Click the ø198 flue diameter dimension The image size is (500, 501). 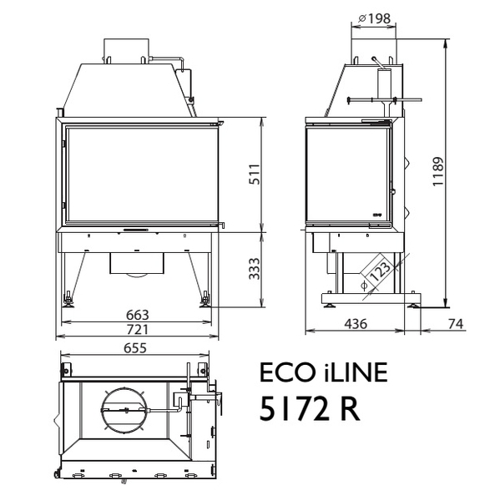coord(374,18)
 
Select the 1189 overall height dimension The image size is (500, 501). coord(437,171)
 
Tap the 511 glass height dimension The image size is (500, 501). coord(255,175)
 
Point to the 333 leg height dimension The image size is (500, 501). coord(255,269)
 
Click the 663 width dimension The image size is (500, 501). coord(138,315)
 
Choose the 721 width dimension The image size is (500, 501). coord(138,330)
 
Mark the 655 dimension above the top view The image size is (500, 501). coord(135,348)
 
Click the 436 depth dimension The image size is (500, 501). coord(356,324)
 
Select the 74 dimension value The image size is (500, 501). coord(456,324)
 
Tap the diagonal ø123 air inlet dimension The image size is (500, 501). coord(377,274)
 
